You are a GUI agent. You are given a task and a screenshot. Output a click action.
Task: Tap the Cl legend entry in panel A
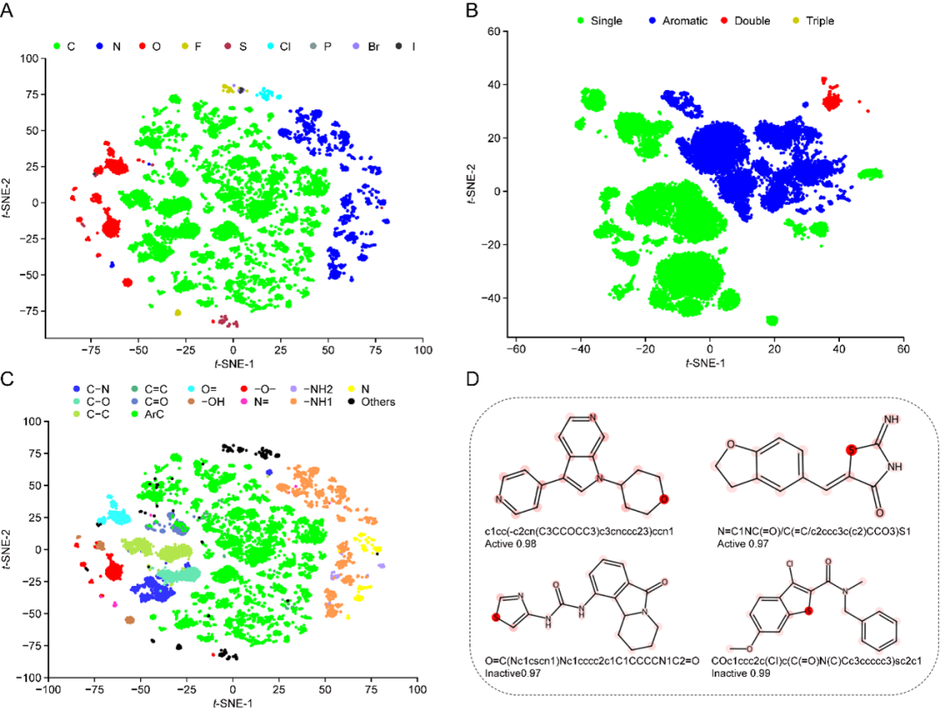pos(283,45)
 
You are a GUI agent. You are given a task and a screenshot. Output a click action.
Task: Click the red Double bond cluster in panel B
pos(829,101)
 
